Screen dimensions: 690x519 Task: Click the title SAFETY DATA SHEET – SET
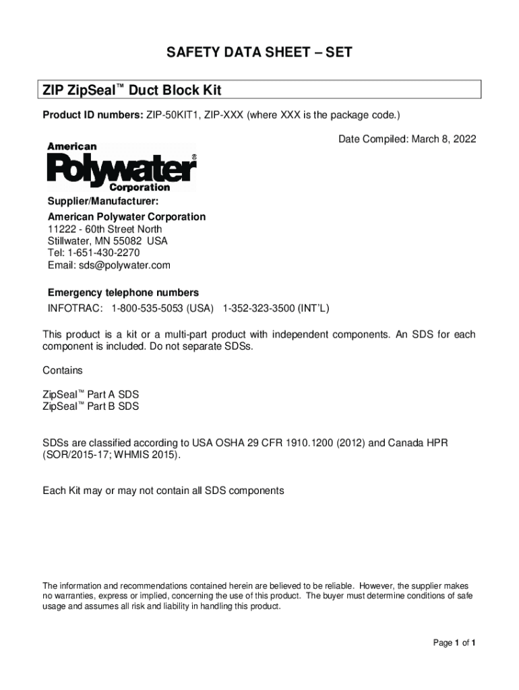(x=259, y=52)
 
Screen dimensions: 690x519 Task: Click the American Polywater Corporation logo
(x=121, y=167)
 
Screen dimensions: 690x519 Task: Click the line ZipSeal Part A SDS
(x=90, y=394)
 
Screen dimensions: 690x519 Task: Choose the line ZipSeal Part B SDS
(x=90, y=406)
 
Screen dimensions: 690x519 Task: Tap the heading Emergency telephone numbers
(x=123, y=292)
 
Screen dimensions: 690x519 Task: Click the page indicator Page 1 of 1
(x=454, y=643)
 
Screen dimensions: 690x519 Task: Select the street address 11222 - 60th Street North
(x=104, y=229)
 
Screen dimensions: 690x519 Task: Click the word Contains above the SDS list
(x=62, y=370)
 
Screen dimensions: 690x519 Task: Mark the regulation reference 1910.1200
(x=317, y=443)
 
